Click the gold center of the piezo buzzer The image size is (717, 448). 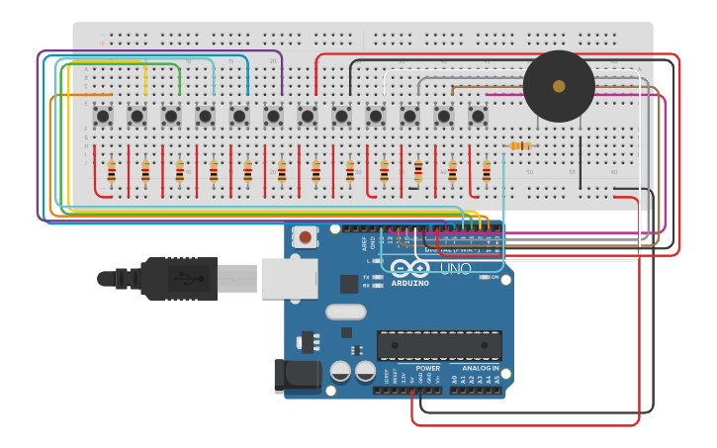[559, 86]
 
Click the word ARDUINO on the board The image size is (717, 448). [409, 283]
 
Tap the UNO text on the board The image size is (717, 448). [455, 269]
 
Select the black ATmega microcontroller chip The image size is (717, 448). [439, 345]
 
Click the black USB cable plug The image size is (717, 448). [178, 278]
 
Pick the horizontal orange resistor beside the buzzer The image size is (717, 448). [521, 146]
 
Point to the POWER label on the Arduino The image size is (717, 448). [428, 368]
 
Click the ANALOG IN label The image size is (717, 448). [481, 368]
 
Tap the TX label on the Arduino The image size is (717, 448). [366, 277]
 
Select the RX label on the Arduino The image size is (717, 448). [366, 286]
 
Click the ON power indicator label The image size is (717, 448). [494, 277]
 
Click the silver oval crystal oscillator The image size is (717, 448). [345, 312]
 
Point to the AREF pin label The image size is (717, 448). [364, 241]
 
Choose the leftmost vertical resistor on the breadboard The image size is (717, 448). [112, 172]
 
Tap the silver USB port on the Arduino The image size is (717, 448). [289, 278]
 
